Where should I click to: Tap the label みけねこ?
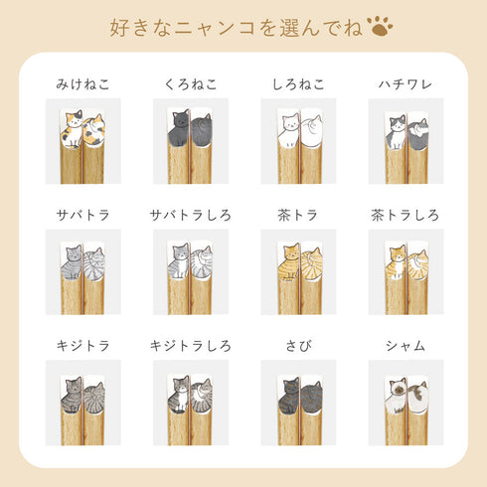tap(83, 83)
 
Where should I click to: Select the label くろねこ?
tap(190, 83)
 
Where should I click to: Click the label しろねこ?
tap(297, 83)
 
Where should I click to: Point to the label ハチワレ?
tap(405, 83)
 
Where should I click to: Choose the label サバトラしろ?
tap(190, 215)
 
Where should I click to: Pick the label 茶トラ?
tap(297, 215)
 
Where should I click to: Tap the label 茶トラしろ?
tap(405, 215)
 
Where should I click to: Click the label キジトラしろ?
tap(190, 346)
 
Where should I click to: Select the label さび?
tap(297, 346)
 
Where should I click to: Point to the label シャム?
tap(405, 346)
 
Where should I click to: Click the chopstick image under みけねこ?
tap(83, 141)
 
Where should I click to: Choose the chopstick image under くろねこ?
tap(190, 141)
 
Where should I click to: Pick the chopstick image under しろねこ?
tap(297, 141)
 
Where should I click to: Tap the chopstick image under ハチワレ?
tap(405, 141)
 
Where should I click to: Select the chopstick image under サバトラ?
tap(83, 272)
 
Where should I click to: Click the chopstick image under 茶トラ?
tap(297, 272)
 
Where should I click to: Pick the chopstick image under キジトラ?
tap(83, 403)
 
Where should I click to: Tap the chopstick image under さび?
tap(297, 403)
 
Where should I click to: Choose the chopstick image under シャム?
tap(405, 403)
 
